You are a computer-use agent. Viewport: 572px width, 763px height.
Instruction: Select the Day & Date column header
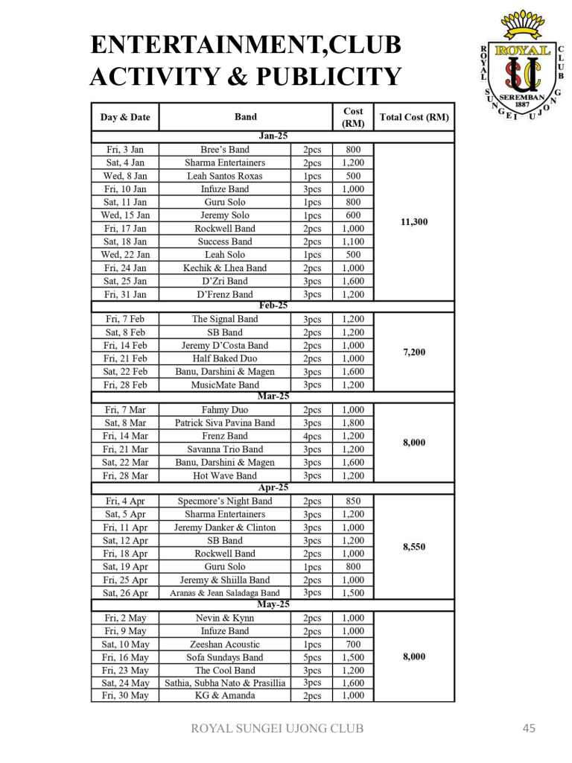coord(125,117)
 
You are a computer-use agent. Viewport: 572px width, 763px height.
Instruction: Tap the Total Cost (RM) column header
coord(414,117)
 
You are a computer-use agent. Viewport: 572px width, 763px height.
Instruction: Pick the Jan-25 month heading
coord(273,136)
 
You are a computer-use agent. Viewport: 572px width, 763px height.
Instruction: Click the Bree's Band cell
coord(225,150)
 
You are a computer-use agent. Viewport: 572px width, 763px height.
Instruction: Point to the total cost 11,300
coord(414,221)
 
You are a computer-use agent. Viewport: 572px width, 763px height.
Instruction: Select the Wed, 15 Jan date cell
coord(125,215)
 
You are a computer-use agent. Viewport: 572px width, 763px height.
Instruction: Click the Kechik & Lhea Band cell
coord(225,268)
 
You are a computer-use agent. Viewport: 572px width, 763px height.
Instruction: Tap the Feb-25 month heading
coord(273,305)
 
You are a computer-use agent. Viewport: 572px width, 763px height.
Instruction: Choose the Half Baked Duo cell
coord(225,358)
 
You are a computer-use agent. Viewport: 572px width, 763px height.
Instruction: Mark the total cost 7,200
coord(414,352)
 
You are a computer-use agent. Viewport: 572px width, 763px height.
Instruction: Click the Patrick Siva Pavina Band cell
coord(225,422)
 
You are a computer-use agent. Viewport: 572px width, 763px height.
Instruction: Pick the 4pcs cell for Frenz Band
coord(312,436)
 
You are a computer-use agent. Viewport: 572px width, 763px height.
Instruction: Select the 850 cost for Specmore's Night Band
coord(353,501)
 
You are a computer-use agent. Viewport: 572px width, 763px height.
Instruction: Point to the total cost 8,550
coord(414,546)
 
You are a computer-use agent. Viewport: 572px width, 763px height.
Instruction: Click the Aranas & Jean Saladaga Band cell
coord(225,593)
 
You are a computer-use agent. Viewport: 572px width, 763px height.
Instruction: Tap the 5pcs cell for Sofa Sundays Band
coord(312,658)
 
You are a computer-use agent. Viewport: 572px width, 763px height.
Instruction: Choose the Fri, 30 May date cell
coord(125,695)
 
